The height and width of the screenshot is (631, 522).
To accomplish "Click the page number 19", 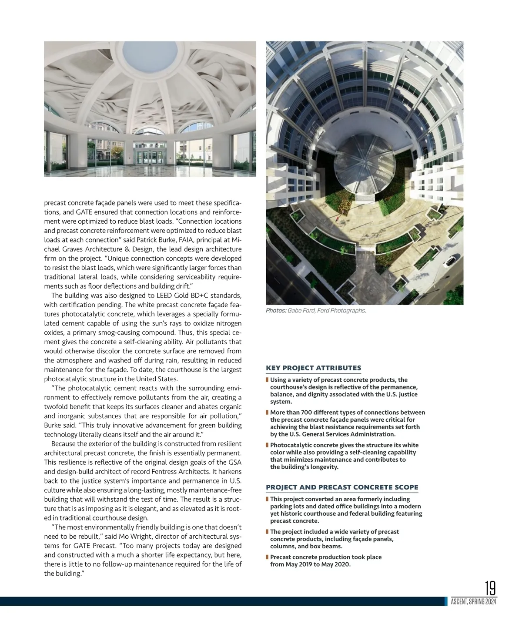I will click(x=490, y=588).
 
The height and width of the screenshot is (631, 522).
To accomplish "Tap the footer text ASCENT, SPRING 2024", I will click(x=473, y=602).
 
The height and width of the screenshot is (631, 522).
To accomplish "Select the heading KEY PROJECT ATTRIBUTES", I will click(x=313, y=368).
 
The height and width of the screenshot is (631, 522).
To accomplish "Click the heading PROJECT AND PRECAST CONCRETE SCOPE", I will click(x=342, y=487).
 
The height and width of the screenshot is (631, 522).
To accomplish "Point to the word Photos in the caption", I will click(x=276, y=311).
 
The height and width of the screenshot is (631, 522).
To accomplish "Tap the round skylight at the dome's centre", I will click(x=150, y=52).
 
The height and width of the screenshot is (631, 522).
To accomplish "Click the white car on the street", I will click(x=450, y=260).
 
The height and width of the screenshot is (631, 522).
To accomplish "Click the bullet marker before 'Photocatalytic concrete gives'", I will click(x=267, y=445).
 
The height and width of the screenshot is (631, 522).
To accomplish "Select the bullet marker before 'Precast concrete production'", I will click(x=267, y=557).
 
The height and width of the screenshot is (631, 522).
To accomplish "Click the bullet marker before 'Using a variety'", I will click(x=267, y=380).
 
